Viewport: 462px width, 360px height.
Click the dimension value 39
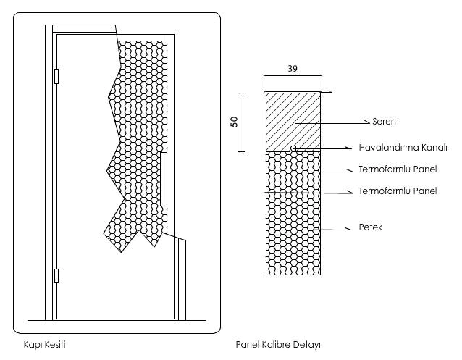[x=293, y=68]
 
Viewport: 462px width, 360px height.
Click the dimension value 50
[x=234, y=122]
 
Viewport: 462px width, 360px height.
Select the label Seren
[x=384, y=121]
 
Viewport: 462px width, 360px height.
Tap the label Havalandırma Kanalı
[x=403, y=148]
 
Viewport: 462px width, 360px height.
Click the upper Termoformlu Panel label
[x=398, y=169]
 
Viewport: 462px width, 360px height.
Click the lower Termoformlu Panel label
[x=398, y=191]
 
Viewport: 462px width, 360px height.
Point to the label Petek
[x=370, y=227]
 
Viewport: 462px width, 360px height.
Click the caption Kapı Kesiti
[x=44, y=344]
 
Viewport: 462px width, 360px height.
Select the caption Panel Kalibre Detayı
[x=278, y=344]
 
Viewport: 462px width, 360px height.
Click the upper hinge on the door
[x=56, y=76]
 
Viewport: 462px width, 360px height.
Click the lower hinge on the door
[x=56, y=276]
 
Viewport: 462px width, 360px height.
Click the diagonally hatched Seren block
[x=293, y=122]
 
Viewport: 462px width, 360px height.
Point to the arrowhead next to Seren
[x=367, y=122]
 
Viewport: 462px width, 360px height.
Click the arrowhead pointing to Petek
[x=349, y=229]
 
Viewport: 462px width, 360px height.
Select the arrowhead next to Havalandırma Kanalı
[x=349, y=148]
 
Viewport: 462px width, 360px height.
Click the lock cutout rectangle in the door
[x=164, y=179]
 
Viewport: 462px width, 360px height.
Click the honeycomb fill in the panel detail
[x=293, y=213]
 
